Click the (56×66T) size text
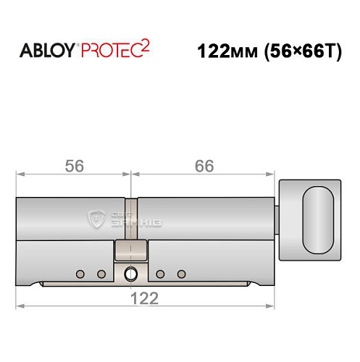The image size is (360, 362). pyautogui.click(x=301, y=53)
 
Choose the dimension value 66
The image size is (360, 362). pyautogui.click(x=204, y=165)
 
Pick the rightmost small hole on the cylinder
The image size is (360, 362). pyautogui.click(x=182, y=274)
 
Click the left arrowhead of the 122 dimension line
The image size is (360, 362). pyautogui.click(x=20, y=306)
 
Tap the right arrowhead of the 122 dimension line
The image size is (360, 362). pyautogui.click(x=275, y=306)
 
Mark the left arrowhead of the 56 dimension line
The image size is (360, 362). pyautogui.click(x=20, y=174)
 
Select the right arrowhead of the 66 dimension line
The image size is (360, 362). pyautogui.click(x=275, y=174)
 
